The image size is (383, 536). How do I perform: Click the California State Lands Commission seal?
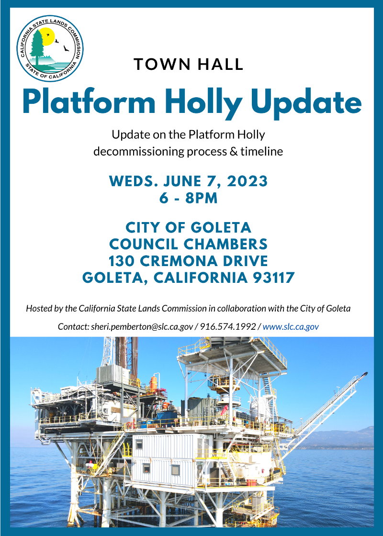pos(50,48)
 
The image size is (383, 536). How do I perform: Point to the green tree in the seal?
pos(36,46)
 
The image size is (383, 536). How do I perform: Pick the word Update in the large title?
pos(306,103)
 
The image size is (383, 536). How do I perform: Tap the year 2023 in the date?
pos(248,181)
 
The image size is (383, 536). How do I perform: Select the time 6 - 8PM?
pos(189,198)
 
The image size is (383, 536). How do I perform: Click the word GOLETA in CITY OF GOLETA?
pos(221,228)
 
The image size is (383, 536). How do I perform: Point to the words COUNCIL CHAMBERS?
pos(189,244)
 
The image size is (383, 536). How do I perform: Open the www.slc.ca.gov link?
pos(291,327)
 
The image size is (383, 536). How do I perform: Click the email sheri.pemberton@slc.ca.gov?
pos(142,327)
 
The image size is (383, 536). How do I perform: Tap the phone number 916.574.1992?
pos(228,327)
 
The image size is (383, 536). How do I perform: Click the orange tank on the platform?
pos(154,383)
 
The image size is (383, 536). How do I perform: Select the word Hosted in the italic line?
pos(39,309)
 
